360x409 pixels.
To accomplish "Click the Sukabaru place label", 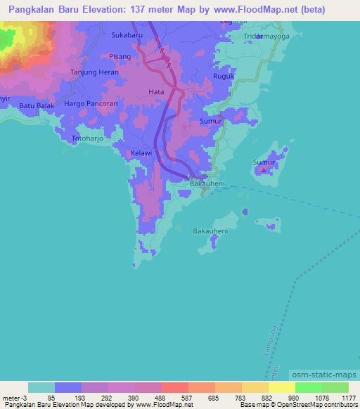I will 127,33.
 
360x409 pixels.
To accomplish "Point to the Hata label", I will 156,91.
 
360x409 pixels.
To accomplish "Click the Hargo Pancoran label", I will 91,103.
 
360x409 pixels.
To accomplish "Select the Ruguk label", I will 222,78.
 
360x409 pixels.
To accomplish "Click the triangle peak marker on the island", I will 264,169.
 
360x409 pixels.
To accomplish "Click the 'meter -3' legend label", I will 14,398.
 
